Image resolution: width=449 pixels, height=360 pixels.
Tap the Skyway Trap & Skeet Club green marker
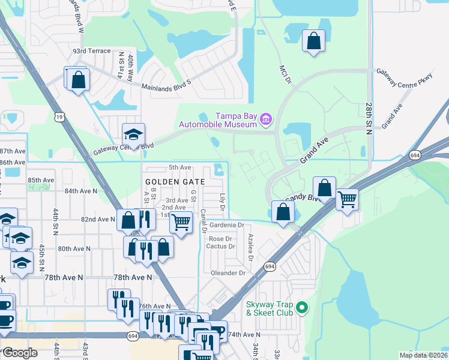pyautogui.click(x=302, y=308)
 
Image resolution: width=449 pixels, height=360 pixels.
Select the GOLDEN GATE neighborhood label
pyautogui.click(x=175, y=181)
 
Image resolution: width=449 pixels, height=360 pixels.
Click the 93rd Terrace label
pyautogui.click(x=91, y=51)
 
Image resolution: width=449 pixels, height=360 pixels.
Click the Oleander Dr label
pyautogui.click(x=229, y=272)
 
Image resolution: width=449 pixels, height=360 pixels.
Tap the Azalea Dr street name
pyautogui.click(x=249, y=248)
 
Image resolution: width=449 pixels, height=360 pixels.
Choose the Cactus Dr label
pyautogui.click(x=219, y=246)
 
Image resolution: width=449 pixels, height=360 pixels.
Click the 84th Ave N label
pyautogui.click(x=81, y=191)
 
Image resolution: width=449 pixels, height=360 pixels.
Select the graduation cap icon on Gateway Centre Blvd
pyautogui.click(x=134, y=133)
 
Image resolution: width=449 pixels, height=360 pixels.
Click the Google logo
pyautogui.click(x=20, y=352)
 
